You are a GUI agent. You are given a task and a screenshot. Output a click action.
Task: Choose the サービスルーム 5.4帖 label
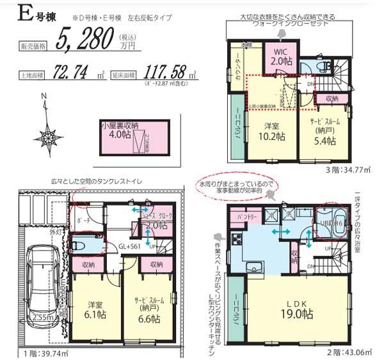(325, 131)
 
